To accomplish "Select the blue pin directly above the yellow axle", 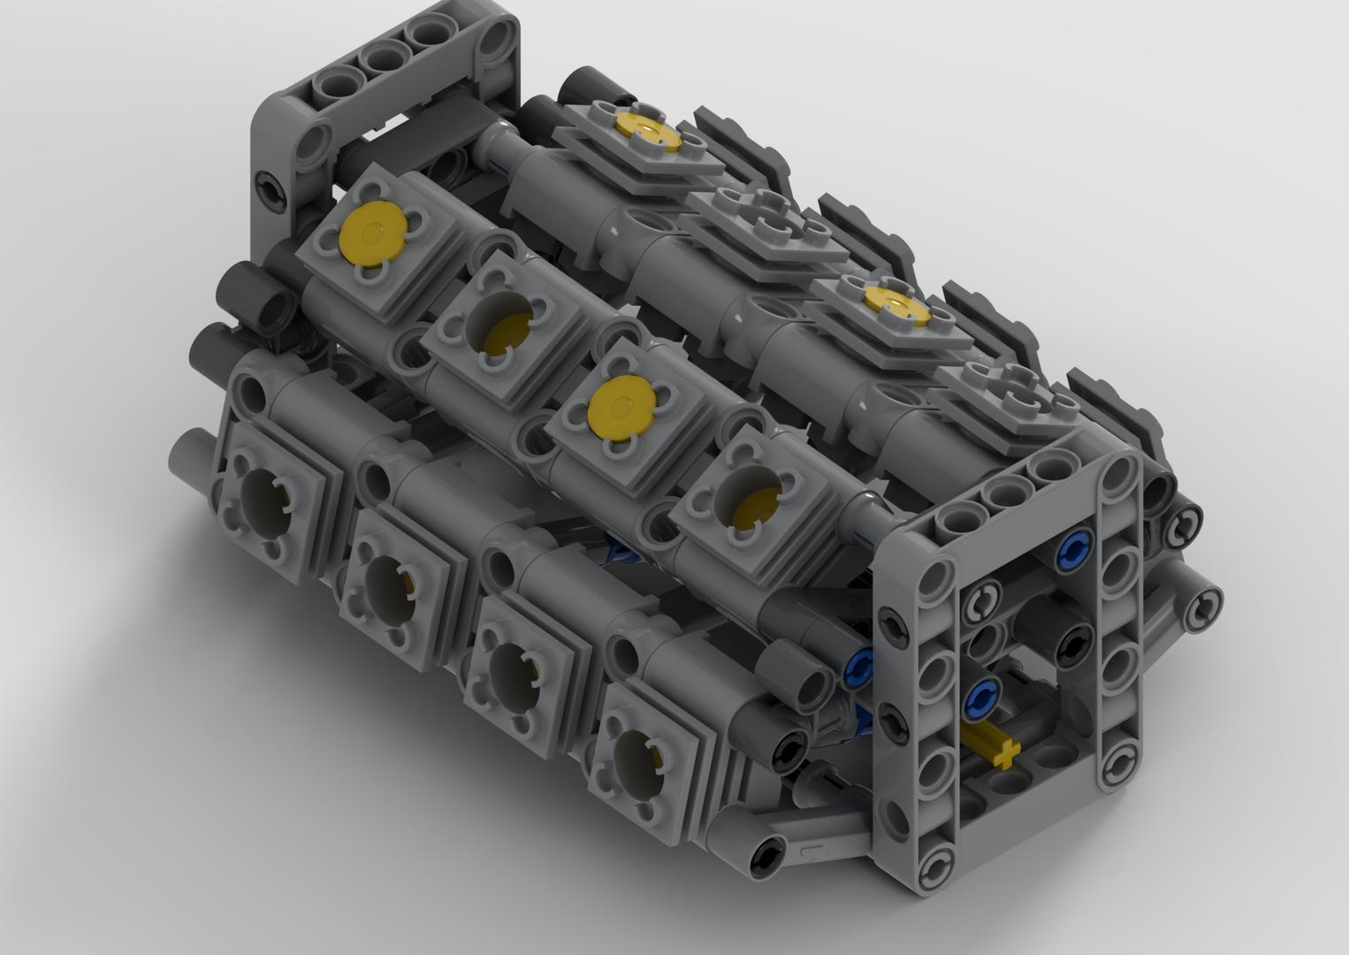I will click(979, 699).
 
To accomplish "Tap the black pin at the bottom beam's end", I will click(765, 854).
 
